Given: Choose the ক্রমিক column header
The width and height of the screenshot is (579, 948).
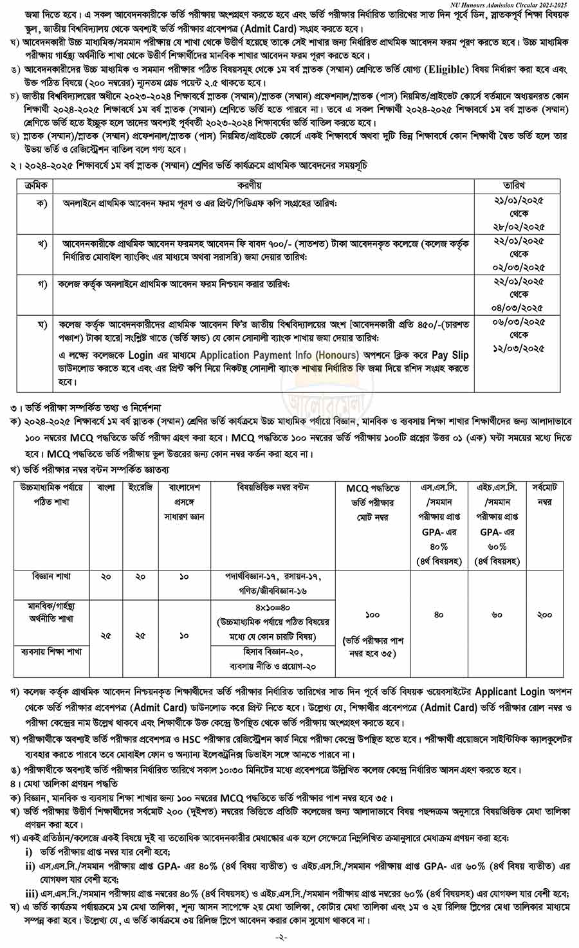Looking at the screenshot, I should (36, 185).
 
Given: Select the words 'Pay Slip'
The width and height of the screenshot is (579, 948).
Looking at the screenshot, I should (450, 354).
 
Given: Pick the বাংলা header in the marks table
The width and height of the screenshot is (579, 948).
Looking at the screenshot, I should (106, 488).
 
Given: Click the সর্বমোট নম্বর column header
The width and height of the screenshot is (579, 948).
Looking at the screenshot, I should (545, 494).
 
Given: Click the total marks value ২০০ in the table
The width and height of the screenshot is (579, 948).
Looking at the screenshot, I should (544, 614).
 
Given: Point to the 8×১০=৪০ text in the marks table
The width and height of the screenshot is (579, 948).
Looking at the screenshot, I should (272, 607).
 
